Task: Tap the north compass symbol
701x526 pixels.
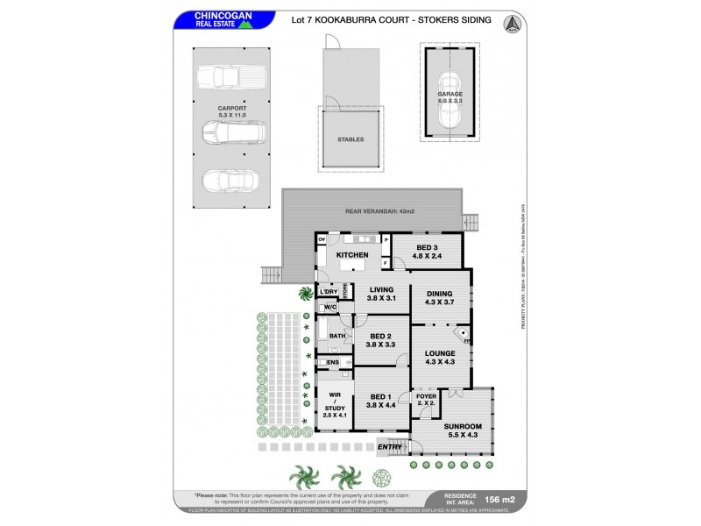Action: click(x=511, y=25)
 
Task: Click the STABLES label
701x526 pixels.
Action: click(x=350, y=139)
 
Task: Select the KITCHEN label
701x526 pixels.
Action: click(x=352, y=255)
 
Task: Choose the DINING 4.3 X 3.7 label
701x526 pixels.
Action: click(x=440, y=298)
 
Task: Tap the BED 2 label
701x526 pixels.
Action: click(x=380, y=339)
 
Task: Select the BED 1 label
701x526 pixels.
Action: click(x=380, y=401)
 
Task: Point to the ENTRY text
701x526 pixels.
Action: click(x=389, y=448)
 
